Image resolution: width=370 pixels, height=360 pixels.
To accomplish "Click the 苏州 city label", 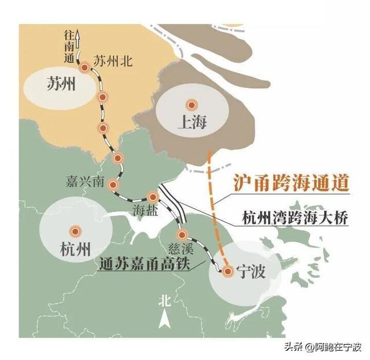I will (60, 87).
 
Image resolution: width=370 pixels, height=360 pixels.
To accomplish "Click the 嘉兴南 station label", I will (85, 182).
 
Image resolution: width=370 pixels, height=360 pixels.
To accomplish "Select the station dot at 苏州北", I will (85, 68).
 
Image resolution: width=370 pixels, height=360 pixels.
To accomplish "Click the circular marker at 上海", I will (191, 105).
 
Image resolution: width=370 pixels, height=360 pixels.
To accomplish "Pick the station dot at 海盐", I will (153, 197).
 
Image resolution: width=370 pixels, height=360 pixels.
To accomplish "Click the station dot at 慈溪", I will (183, 235).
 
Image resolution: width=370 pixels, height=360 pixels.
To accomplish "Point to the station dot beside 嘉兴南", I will (113, 185).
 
